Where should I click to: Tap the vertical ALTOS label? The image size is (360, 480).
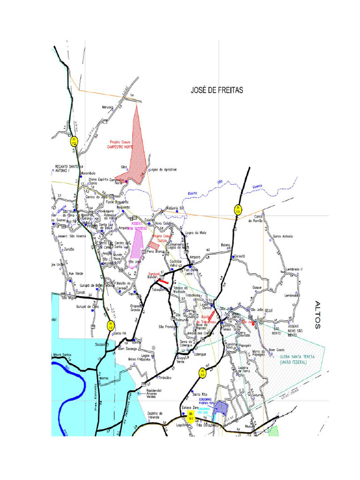point(318,315)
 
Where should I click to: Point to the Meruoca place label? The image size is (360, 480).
point(108,107)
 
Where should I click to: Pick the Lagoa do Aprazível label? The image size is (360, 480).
point(162,170)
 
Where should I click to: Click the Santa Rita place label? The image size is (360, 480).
point(193,394)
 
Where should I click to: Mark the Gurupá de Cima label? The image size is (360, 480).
point(88,307)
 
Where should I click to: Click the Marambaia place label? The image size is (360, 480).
point(88,173)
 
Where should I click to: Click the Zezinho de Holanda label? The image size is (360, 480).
point(155,415)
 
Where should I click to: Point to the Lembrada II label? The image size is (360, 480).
point(295,269)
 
